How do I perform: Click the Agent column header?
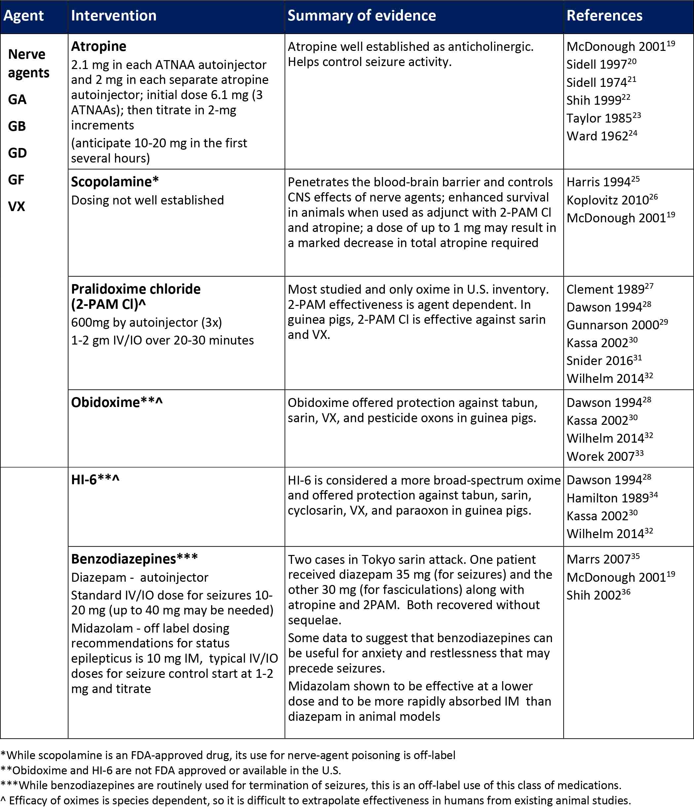click(x=23, y=16)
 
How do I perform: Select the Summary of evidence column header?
click(x=361, y=16)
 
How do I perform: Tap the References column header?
click(x=604, y=16)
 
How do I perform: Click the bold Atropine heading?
click(x=98, y=46)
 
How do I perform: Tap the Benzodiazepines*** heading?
click(x=134, y=559)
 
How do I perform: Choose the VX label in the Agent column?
click(x=17, y=206)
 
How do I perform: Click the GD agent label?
click(x=17, y=153)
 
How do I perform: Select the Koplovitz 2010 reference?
click(x=611, y=200)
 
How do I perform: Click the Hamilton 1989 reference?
click(x=611, y=498)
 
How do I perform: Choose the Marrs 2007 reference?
click(x=603, y=559)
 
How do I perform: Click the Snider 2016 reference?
click(x=603, y=360)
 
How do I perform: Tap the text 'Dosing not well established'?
click(x=147, y=200)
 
